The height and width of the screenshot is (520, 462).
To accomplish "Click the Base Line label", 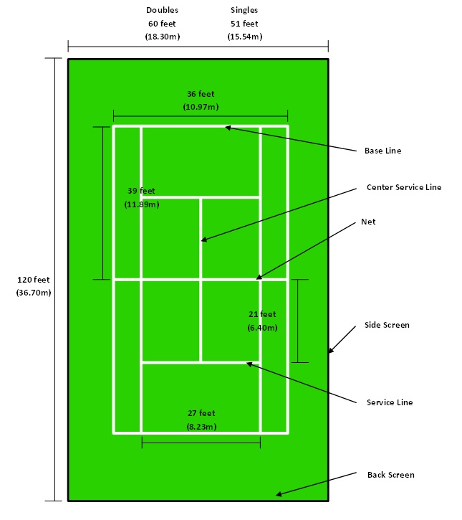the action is tap(382, 151).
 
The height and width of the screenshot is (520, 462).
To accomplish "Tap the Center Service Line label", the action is tap(404, 187).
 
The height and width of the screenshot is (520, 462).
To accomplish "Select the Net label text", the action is tap(368, 222).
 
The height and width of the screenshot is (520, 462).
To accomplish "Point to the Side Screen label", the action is tap(387, 325).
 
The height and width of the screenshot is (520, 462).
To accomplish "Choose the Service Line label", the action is tap(390, 402).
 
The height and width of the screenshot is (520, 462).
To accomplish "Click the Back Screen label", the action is tap(391, 475).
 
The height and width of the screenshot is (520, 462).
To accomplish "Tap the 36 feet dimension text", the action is tap(201, 94).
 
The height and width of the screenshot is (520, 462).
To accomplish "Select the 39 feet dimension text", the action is tap(141, 191).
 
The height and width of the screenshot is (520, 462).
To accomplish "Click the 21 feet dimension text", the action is tap(262, 314).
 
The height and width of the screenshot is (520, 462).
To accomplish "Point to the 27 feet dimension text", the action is tap(201, 413).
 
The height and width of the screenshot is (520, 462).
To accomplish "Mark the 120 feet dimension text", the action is tap(34, 280).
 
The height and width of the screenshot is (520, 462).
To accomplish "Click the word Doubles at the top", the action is tap(163, 10).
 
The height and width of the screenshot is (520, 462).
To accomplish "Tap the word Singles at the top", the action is tap(244, 10).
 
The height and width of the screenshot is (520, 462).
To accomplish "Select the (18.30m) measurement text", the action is tap(163, 37).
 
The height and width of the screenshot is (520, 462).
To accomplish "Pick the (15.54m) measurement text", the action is tap(245, 37).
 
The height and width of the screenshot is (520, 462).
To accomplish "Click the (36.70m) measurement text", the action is tap(34, 293).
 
